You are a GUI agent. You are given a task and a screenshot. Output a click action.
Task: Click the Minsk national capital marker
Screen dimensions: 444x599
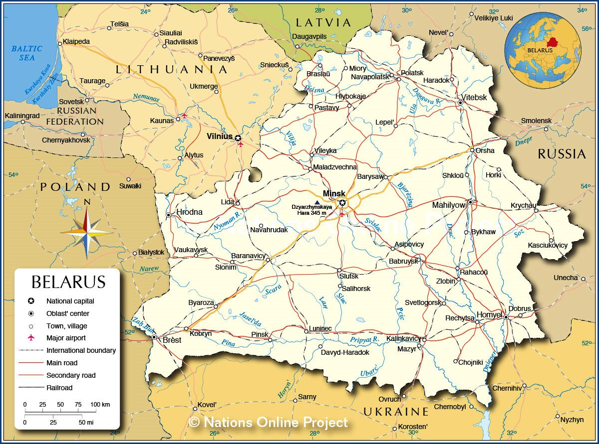pos(342,202)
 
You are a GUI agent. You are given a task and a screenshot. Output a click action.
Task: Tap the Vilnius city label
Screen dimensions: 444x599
pos(220,136)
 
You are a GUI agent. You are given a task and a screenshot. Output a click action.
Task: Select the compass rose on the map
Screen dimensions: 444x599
pos(87,232)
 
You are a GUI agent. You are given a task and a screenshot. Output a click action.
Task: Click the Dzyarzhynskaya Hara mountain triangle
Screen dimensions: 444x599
pos(316,202)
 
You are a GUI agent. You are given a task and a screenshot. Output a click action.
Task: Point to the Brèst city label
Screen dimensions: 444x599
pos(172,340)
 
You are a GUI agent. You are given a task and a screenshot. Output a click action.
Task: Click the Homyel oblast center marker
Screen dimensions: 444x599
pos(506,317)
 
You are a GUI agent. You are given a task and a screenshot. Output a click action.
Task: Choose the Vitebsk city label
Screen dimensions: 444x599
pos(474,98)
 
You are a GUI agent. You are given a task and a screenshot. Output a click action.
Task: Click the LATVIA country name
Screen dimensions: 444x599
pos(323,22)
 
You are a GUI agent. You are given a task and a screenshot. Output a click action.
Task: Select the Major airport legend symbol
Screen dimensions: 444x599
pos(31,338)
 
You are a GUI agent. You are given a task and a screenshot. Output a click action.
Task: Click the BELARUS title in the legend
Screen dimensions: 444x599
pos(68,282)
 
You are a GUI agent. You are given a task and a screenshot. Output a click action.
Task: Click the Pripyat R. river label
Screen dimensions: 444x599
pos(365,339)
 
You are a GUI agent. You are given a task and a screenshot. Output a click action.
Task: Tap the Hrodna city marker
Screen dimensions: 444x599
pos(169,215)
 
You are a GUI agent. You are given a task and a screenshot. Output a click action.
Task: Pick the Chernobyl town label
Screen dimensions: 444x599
pos(450,407)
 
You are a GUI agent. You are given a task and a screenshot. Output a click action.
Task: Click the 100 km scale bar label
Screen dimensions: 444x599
pos(100,404)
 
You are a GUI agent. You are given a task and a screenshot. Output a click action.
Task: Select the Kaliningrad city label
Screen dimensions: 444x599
pos(22,116)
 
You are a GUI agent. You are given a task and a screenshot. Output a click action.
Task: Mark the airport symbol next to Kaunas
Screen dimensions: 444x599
pos(184,116)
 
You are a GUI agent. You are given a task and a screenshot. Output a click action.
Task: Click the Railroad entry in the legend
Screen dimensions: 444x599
pos(59,388)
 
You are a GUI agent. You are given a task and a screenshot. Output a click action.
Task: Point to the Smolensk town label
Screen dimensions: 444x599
pos(536,121)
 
